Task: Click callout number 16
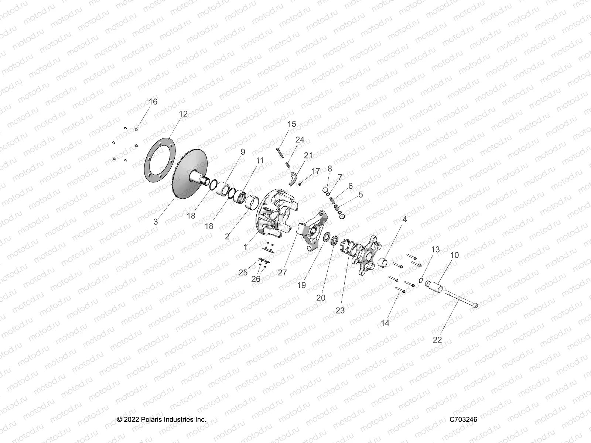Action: click(153, 102)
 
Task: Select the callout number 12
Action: click(183, 114)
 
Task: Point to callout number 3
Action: click(156, 221)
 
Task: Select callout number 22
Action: click(437, 340)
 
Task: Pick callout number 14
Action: click(385, 323)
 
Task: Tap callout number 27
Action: click(283, 272)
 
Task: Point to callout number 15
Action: click(292, 124)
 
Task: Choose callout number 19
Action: click(301, 285)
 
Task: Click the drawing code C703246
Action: click(463, 419)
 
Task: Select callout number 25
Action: click(243, 272)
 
